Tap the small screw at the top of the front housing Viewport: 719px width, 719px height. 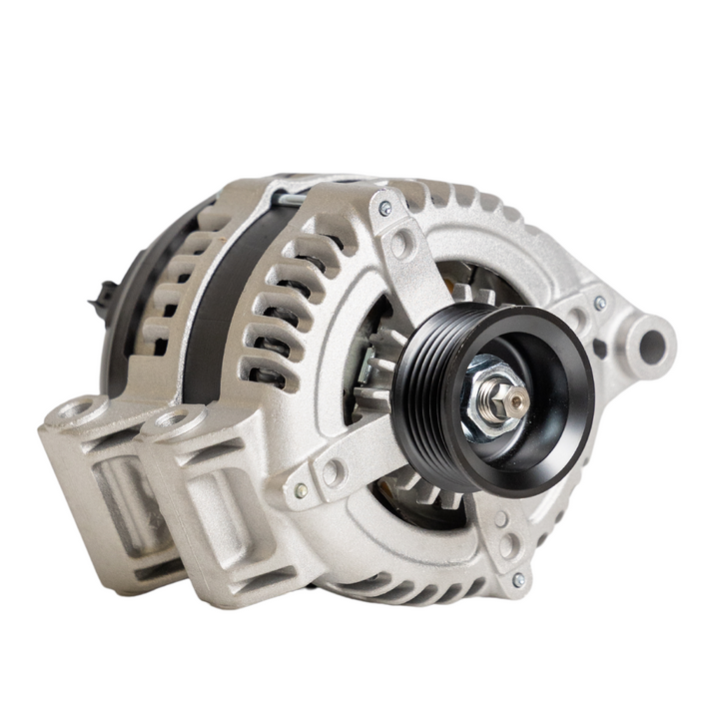pos(384,208)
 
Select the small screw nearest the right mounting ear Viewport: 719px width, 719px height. pos(599,303)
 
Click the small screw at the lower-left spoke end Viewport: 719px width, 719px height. pos(301,490)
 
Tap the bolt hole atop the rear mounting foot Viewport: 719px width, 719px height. pos(79,408)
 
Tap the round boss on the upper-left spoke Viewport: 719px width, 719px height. pos(401,243)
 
